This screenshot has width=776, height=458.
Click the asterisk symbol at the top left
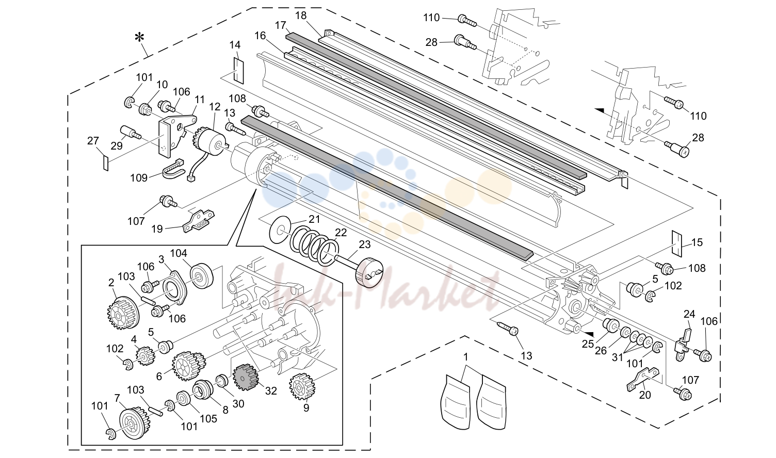(139, 37)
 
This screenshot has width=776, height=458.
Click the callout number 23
(364, 244)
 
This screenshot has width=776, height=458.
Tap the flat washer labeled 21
(280, 230)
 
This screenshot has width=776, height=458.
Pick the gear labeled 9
(300, 386)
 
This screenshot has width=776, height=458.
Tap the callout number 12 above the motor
(215, 107)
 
